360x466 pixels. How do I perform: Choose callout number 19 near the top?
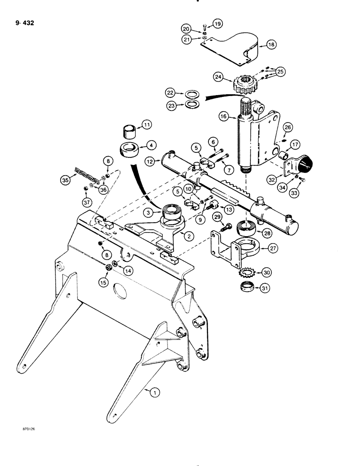218,23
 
